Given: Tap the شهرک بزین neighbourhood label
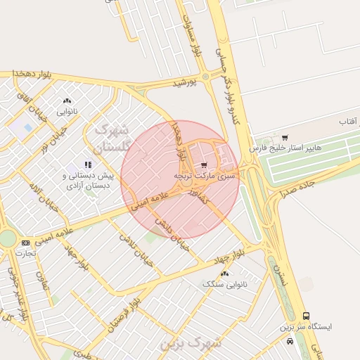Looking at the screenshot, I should point(191,342).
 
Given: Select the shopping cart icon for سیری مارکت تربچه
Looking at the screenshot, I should point(204,165).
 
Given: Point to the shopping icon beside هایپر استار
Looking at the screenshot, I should point(284,137).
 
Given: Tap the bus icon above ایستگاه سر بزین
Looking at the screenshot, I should point(305,316).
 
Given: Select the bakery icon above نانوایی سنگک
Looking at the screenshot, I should point(224,274).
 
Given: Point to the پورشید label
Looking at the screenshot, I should point(186,82).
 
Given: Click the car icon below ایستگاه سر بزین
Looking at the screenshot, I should point(290,341).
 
